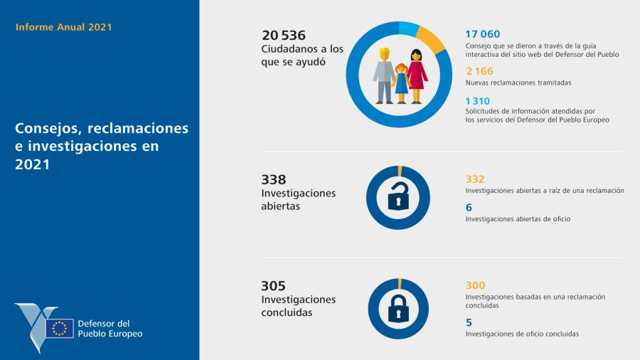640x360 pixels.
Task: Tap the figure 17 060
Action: [x=483, y=34]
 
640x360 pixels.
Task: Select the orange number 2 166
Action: [x=480, y=71]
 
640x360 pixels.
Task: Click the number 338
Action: [x=273, y=179]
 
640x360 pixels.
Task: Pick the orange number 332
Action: [x=475, y=179]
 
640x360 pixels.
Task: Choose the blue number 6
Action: [x=469, y=207]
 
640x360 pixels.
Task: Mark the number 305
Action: [x=273, y=285]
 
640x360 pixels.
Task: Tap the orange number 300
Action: [x=475, y=285]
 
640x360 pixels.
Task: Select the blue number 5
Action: [x=469, y=322]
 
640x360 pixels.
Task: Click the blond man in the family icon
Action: [x=385, y=75]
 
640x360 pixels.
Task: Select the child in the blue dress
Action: [x=401, y=82]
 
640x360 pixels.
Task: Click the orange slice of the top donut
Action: [x=431, y=37]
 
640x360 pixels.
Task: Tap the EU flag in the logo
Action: [x=60, y=328]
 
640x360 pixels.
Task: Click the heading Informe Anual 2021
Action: [x=63, y=28]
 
